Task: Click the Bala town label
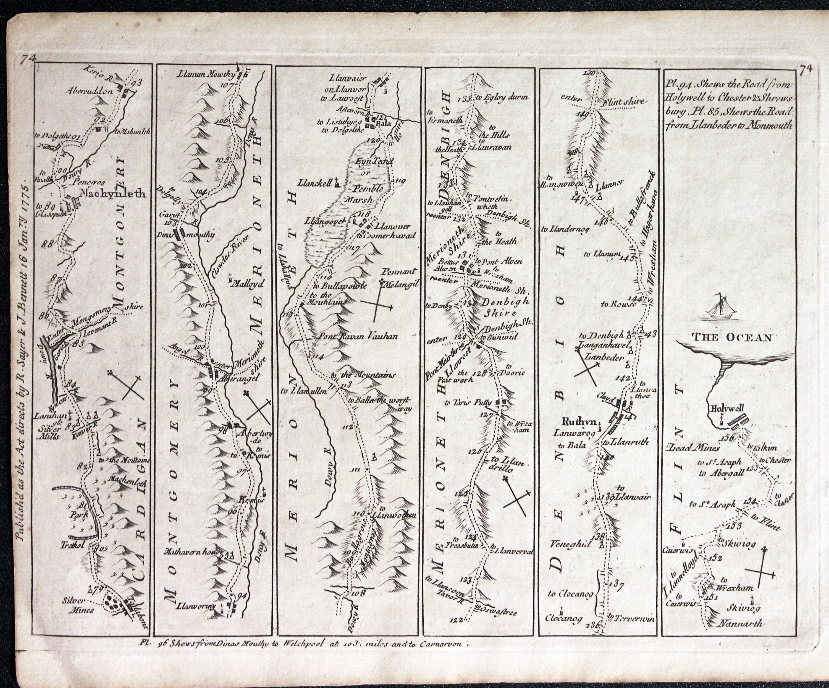tap(382, 124)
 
